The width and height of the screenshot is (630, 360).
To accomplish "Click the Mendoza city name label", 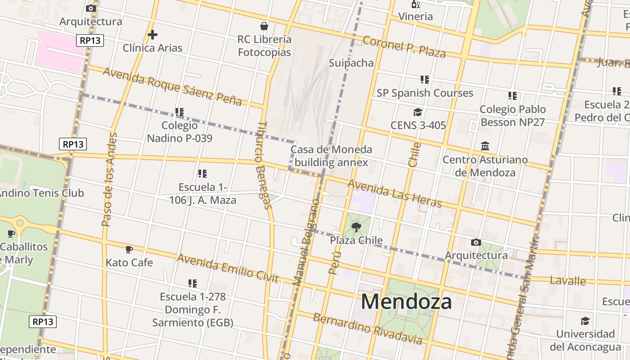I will [x=406, y=301].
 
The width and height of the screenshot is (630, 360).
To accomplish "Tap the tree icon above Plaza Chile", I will [x=356, y=227].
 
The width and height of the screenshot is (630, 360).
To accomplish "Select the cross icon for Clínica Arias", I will [x=153, y=34].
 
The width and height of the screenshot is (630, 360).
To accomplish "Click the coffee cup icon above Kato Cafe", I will [x=129, y=249].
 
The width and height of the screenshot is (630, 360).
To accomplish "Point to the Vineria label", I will [x=415, y=17].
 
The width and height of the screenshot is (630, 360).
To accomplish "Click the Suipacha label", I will [x=351, y=63].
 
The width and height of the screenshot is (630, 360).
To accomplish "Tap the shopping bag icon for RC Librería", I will [x=264, y=26].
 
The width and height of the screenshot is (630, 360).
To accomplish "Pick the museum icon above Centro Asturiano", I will [x=485, y=146].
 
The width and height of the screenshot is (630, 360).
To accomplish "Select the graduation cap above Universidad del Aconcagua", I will [x=585, y=321].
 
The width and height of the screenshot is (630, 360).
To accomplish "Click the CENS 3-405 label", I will [x=418, y=125].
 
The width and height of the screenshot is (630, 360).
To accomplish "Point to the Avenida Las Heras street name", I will [x=394, y=193].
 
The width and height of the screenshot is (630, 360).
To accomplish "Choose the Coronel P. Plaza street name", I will [x=404, y=47].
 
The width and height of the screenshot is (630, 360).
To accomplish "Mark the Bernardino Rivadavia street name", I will [x=368, y=329].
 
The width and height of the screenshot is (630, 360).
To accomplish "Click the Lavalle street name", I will [x=567, y=281].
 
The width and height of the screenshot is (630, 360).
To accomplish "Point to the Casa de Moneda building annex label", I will [x=331, y=156].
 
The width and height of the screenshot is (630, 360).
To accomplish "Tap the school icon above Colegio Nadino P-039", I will [x=180, y=112].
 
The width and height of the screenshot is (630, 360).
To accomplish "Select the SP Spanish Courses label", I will [x=425, y=93].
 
